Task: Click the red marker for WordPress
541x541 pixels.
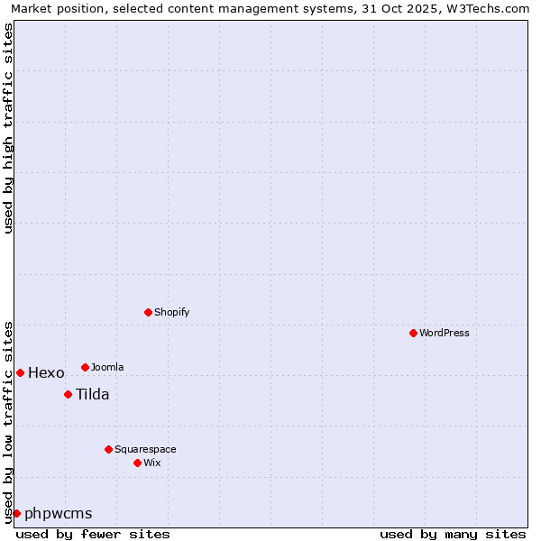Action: pyautogui.click(x=414, y=333)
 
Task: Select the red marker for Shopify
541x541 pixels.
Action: pyautogui.click(x=149, y=312)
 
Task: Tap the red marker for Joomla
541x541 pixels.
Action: pyautogui.click(x=86, y=367)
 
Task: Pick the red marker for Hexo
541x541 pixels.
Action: pyautogui.click(x=20, y=372)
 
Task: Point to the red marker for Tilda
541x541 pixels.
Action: pyautogui.click(x=68, y=394)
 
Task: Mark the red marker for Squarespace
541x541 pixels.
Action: pyautogui.click(x=109, y=449)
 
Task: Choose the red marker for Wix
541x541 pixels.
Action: pyautogui.click(x=138, y=463)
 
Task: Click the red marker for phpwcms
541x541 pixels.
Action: pyautogui.click(x=16, y=513)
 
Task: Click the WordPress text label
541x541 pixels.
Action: pyautogui.click(x=445, y=333)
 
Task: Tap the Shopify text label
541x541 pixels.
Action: pyautogui.click(x=172, y=312)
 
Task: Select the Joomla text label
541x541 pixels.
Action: pyautogui.click(x=107, y=367)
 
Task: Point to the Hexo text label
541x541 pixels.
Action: pyautogui.click(x=46, y=373)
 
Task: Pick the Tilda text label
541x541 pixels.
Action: pyautogui.click(x=92, y=394)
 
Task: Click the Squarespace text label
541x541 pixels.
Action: pyautogui.click(x=145, y=449)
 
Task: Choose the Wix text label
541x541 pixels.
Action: pyautogui.click(x=152, y=463)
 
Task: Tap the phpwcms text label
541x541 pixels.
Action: pyautogui.click(x=59, y=514)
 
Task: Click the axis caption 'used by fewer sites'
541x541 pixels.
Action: pyautogui.click(x=93, y=534)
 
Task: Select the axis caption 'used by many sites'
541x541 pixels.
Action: pyautogui.click(x=453, y=534)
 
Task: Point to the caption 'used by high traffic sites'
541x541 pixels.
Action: pyautogui.click(x=9, y=128)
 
